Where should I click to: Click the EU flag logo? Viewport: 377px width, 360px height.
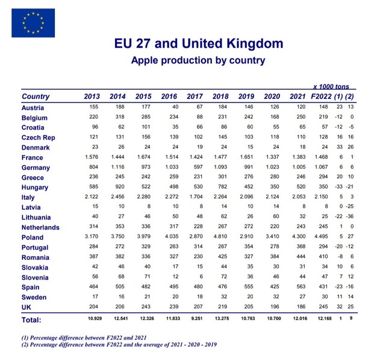[x=33, y=23]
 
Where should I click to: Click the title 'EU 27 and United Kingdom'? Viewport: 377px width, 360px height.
[x=198, y=45]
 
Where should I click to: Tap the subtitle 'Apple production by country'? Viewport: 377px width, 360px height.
[x=198, y=60]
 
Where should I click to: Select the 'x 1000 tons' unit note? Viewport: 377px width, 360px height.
[x=331, y=87]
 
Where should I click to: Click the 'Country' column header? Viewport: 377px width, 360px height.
[x=36, y=96]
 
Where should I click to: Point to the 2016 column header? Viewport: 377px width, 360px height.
[x=169, y=96]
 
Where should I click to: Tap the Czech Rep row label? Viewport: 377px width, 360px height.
[x=39, y=137]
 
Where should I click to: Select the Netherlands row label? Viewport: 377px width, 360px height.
[x=40, y=227]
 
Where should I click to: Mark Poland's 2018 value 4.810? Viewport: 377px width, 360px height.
[x=220, y=237]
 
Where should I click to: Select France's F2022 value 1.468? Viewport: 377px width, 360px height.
[x=324, y=157]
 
